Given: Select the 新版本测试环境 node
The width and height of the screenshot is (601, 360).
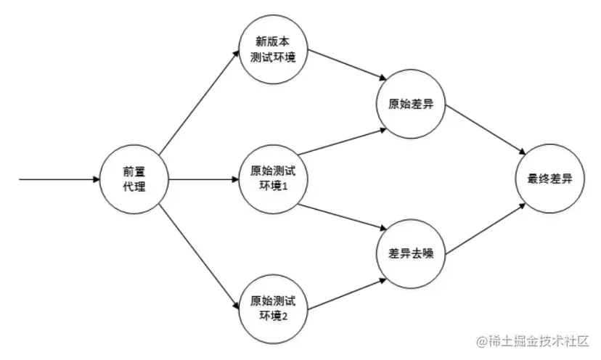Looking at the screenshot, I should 273,49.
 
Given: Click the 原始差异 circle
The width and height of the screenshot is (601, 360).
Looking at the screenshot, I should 411,104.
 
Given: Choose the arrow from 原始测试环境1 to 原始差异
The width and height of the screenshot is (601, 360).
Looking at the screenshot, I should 341,142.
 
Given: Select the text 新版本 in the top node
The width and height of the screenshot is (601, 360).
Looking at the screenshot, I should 273,41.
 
